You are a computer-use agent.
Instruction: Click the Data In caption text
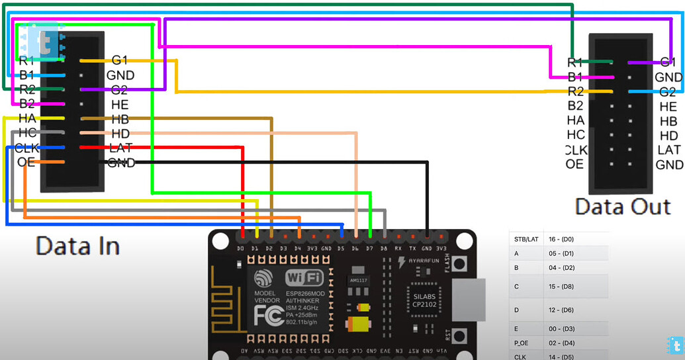pyautogui.click(x=77, y=246)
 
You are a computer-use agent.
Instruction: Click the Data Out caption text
pyautogui.click(x=623, y=206)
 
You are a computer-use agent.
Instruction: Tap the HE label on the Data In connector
pyautogui.click(x=120, y=104)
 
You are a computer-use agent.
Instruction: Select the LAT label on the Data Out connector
pyautogui.click(x=669, y=150)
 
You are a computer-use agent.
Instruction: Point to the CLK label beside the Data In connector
pyautogui.click(x=27, y=148)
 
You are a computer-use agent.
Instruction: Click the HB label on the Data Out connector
pyautogui.click(x=668, y=121)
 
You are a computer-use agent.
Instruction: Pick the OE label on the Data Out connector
pyautogui.click(x=574, y=164)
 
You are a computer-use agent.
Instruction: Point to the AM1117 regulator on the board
pyautogui.click(x=358, y=280)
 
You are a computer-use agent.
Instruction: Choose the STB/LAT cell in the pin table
pyautogui.click(x=526, y=239)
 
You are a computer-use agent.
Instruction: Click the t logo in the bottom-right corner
pyautogui.click(x=674, y=345)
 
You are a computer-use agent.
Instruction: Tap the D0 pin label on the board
pyautogui.click(x=240, y=248)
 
